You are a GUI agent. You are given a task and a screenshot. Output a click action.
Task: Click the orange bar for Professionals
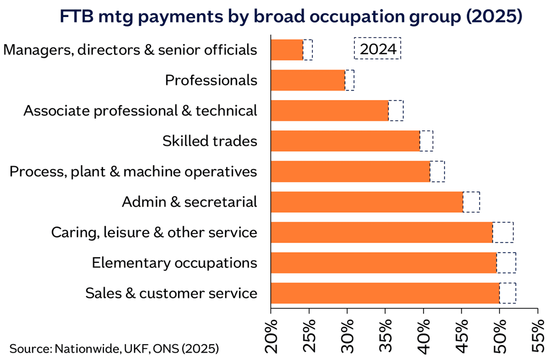(x=308, y=80)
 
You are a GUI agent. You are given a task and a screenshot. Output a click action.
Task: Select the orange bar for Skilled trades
(x=345, y=141)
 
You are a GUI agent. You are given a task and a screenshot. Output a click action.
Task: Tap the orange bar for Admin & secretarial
(x=366, y=202)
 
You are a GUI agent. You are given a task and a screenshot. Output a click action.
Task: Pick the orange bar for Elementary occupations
(x=383, y=263)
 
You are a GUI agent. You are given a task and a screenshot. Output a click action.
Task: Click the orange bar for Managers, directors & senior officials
(x=287, y=50)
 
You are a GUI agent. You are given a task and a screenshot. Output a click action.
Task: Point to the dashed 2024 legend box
(x=377, y=49)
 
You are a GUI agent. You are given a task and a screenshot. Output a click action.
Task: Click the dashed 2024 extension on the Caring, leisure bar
(x=503, y=232)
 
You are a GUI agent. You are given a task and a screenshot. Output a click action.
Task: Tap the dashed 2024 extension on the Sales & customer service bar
(x=507, y=293)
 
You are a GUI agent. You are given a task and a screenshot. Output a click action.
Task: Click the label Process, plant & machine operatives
(x=133, y=171)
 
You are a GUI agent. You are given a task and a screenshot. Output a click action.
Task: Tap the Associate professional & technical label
(x=140, y=111)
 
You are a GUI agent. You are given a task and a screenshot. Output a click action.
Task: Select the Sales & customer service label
(x=171, y=294)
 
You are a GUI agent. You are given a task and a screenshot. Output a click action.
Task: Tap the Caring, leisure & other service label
(x=154, y=233)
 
